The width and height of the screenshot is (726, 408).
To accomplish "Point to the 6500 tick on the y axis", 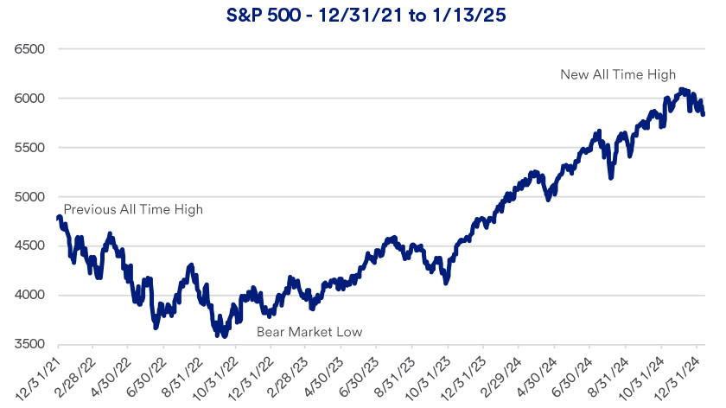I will tap(29, 49).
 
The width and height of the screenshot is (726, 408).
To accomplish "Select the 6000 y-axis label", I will tap(29, 99).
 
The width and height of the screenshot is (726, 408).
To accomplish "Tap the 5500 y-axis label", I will tap(29, 148).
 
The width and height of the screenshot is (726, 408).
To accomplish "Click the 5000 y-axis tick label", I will tap(29, 197).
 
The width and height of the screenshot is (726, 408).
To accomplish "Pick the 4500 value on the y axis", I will tap(29, 246).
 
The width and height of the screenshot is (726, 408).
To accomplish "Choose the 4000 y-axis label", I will tap(29, 296).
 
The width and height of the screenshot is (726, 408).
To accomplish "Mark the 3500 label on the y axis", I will tap(29, 345).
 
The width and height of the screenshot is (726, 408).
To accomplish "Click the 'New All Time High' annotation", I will tap(618, 74).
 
